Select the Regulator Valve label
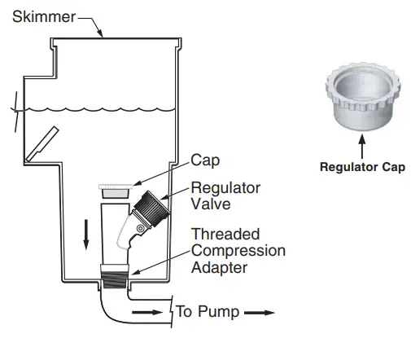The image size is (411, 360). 225,196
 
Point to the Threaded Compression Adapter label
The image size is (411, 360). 238,251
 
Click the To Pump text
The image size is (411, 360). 206,312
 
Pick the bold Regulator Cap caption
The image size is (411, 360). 361,168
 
